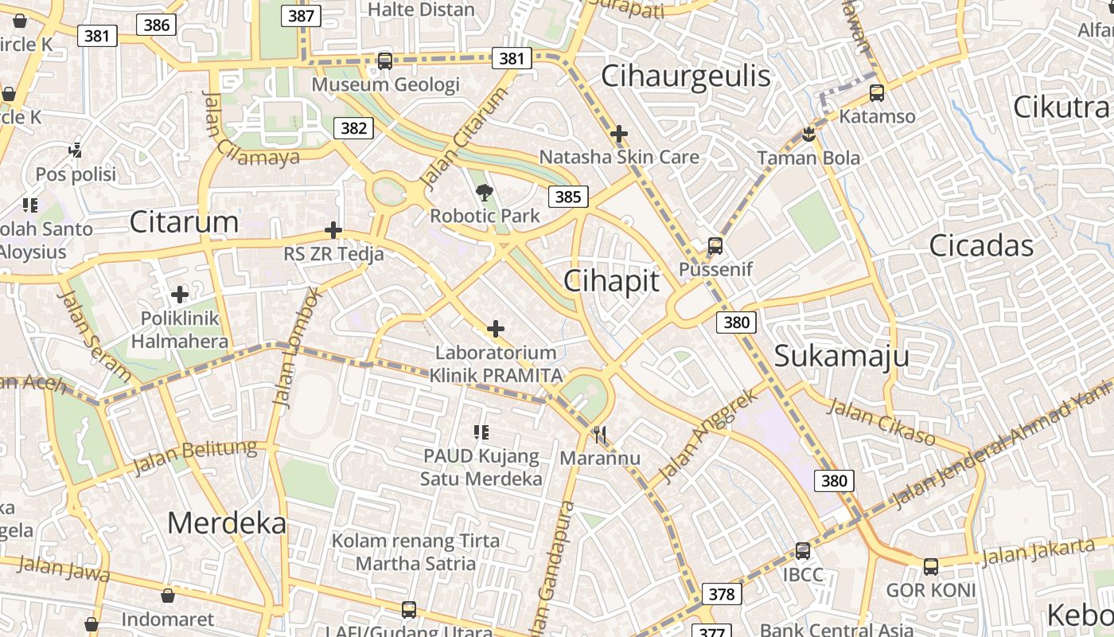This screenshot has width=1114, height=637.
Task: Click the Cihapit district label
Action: (x=611, y=281)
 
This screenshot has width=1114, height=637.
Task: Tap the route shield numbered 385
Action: (x=567, y=197)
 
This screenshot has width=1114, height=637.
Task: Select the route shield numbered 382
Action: (x=353, y=127)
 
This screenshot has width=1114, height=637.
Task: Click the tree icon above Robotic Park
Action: (x=484, y=192)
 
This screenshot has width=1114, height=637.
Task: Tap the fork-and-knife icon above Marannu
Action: (x=600, y=435)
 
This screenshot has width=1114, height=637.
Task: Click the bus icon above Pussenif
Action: (x=715, y=246)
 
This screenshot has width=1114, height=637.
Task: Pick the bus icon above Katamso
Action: (x=877, y=93)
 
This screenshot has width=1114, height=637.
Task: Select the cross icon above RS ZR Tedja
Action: (x=333, y=231)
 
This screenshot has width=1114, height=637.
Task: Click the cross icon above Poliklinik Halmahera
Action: (x=180, y=295)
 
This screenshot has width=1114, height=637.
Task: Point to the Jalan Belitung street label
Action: (x=195, y=457)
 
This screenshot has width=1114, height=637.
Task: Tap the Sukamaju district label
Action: (x=841, y=356)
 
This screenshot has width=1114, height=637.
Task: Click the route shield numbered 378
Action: (x=722, y=594)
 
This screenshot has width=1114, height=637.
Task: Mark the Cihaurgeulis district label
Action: (x=685, y=76)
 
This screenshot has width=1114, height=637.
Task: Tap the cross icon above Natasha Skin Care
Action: (x=618, y=134)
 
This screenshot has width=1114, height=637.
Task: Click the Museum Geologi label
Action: (x=385, y=84)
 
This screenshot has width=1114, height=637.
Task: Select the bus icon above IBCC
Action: (x=802, y=551)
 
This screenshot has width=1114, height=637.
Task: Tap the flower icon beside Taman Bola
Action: (x=808, y=134)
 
